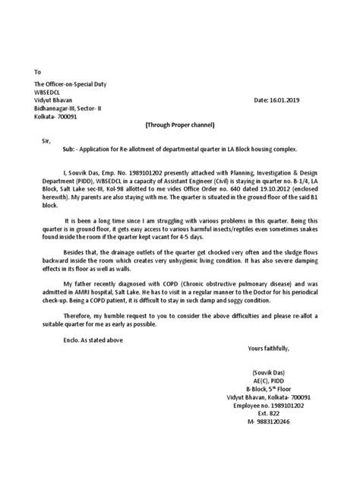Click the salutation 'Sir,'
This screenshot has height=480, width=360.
(47, 141)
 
